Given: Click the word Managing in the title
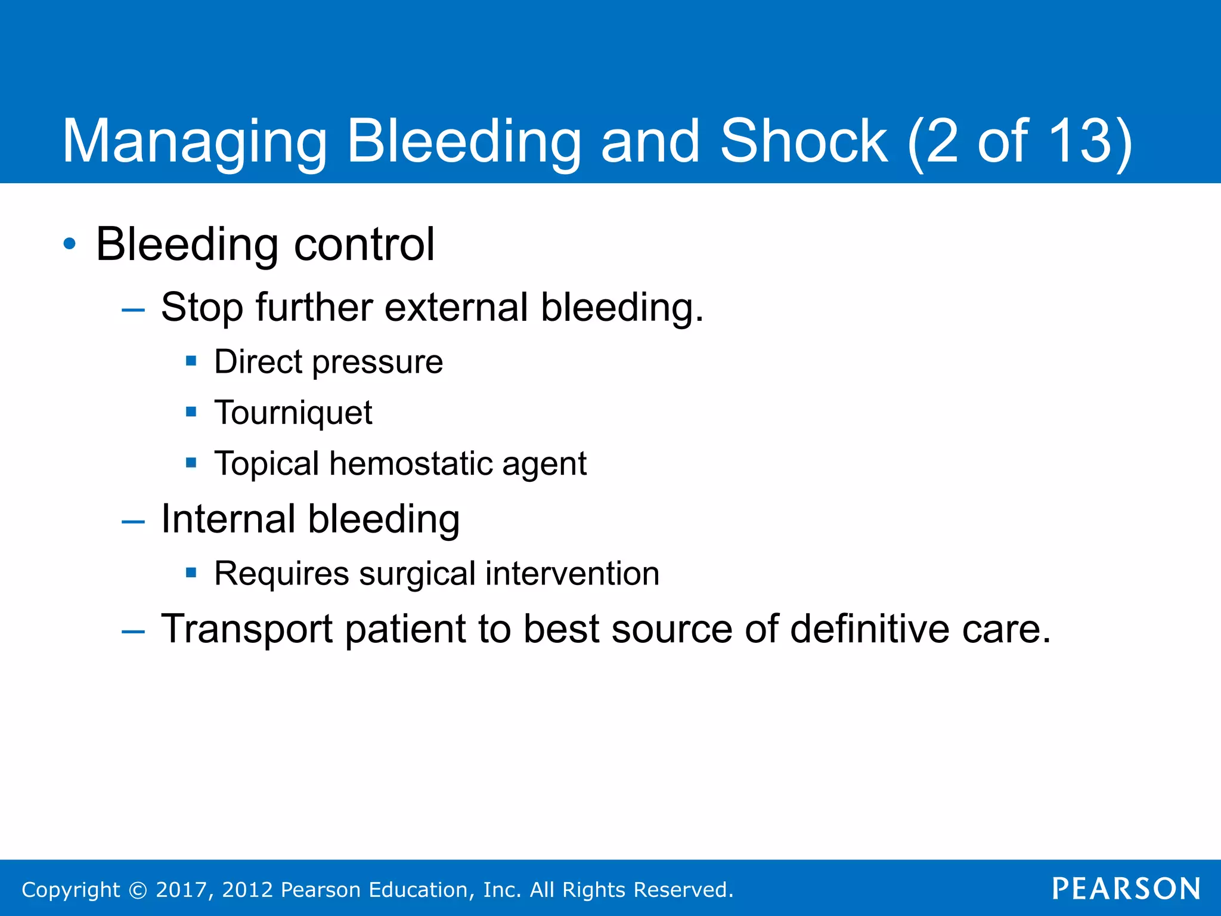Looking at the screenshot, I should tap(194, 142).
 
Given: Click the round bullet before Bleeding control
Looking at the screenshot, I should tap(70, 244).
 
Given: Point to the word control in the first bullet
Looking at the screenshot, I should tap(364, 245).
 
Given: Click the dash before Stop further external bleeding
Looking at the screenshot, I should tap(132, 310).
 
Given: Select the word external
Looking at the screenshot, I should tap(456, 308).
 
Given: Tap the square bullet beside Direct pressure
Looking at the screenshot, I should tap(191, 361).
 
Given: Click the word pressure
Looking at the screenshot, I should tap(377, 363).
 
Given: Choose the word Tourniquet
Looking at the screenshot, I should tap(293, 413).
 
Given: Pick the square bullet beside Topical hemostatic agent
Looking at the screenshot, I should tap(191, 463).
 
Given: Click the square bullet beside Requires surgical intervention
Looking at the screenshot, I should tap(191, 573).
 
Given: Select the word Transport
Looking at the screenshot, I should tap(247, 630).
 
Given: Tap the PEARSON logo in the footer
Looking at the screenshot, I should tap(1126, 889).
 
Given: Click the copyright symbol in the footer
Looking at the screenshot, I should tap(138, 890).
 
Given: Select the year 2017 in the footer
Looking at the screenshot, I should tap(181, 890).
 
